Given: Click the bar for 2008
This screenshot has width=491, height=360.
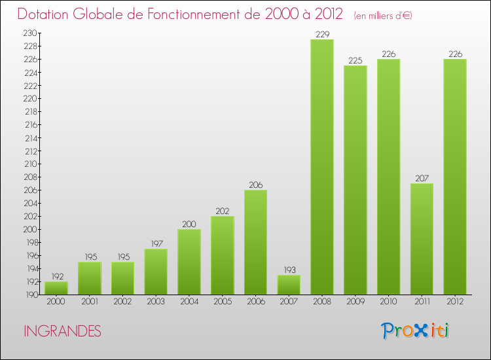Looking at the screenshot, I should [x=322, y=167].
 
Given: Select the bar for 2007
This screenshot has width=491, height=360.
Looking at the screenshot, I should [x=289, y=285].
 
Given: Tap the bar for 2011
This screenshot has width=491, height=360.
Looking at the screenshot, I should [x=422, y=239].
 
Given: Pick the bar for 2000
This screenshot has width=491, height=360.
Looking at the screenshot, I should [x=56, y=288].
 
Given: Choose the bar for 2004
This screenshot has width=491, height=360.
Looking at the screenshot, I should [x=189, y=262].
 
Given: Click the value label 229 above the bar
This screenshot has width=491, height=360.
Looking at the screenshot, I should [x=322, y=34].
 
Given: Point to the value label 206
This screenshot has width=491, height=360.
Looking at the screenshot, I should [x=255, y=185].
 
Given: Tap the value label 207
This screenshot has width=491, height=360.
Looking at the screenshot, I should [x=422, y=178].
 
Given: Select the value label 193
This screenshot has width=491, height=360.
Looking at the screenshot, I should [x=289, y=270].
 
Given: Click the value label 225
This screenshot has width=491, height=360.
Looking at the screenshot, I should [x=355, y=60].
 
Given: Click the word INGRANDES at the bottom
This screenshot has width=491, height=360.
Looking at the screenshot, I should [x=62, y=331].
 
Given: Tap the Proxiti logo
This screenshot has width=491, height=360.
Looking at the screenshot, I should [x=416, y=331].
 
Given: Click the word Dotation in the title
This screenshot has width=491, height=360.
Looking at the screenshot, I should [x=45, y=14].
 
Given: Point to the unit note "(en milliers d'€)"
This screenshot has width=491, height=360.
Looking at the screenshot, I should [x=383, y=15].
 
